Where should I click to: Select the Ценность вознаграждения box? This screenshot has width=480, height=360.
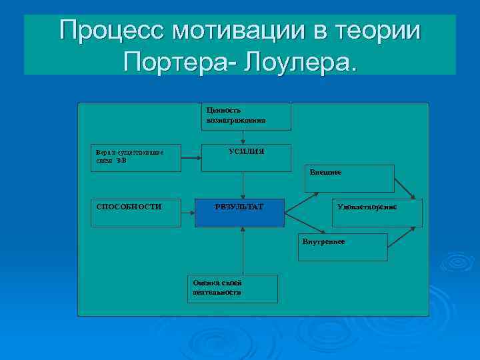click(x=245, y=116)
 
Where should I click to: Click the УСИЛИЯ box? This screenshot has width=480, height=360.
click(x=246, y=157)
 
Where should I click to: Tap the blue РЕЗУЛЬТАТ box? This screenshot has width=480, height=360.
click(x=239, y=212)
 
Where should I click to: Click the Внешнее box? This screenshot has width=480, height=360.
click(x=349, y=178)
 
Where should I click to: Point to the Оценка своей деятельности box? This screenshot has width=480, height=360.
click(x=231, y=288)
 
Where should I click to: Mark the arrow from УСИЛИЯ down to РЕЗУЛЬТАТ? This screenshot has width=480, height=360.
click(x=244, y=184)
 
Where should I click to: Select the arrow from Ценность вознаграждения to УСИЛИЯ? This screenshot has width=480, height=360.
click(x=244, y=136)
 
